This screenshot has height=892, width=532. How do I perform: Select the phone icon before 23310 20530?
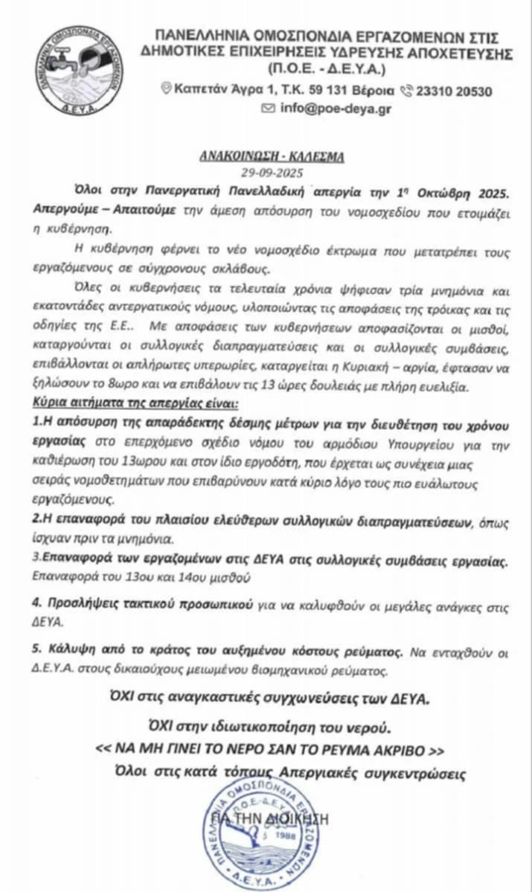[x=406, y=91]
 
